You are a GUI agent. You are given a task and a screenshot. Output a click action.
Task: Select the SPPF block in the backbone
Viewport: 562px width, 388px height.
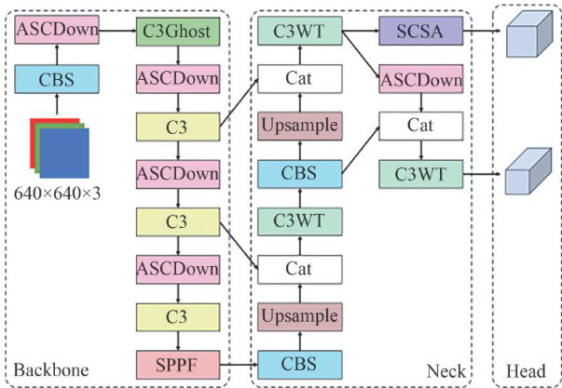point(177,360)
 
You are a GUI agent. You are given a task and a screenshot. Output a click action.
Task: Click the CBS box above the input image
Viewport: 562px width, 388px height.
point(56,79)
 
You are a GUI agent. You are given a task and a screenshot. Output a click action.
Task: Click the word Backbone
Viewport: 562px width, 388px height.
point(52,370)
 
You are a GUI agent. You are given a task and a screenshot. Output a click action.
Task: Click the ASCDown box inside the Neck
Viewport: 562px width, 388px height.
point(420,80)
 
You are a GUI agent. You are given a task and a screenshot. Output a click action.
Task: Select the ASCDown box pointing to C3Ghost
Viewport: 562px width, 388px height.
point(56,33)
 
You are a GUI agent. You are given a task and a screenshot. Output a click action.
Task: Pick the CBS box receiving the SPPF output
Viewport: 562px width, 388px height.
point(299,362)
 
